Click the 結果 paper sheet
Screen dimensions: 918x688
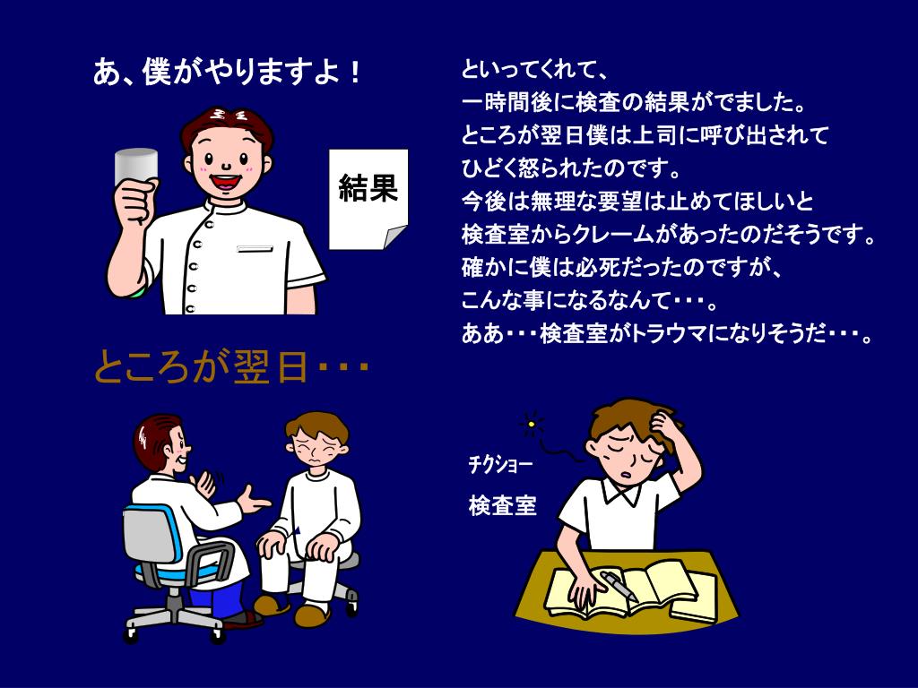(368, 199)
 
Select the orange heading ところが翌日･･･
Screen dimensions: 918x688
(232, 367)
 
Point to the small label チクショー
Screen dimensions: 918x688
(500, 465)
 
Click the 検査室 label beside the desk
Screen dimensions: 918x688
(502, 505)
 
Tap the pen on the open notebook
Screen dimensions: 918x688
(619, 586)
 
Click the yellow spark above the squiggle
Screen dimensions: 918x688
(531, 424)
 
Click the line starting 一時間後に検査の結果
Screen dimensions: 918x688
(634, 103)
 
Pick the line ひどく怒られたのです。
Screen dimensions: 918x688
(572, 169)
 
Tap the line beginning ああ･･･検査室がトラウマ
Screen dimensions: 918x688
(667, 334)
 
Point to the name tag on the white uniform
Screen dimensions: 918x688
(255, 249)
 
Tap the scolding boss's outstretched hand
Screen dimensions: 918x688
(253, 501)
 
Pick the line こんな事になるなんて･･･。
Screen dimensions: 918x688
(589, 301)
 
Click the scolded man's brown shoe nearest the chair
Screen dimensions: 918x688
(271, 605)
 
